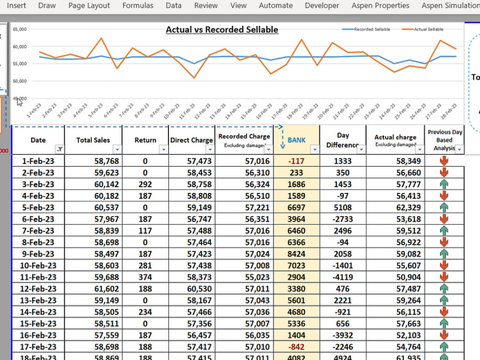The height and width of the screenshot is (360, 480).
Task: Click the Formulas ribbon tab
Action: [138, 6]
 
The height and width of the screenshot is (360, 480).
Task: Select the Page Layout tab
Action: [89, 6]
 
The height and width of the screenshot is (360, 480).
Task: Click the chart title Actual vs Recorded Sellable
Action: [222, 30]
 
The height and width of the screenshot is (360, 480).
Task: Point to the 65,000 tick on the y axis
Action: [20, 29]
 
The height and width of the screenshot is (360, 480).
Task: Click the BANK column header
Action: [296, 140]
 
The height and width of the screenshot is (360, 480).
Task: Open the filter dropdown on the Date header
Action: [60, 149]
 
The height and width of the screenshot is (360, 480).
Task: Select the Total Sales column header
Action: [93, 140]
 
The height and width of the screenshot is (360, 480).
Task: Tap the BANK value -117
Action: [296, 161]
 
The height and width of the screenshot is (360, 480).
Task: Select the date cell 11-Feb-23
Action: [38, 277]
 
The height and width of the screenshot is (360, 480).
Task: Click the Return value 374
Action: [145, 277]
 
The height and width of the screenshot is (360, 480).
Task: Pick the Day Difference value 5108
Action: [343, 208]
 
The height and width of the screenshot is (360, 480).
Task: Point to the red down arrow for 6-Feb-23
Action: [444, 219]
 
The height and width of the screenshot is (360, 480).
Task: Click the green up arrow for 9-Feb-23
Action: [444, 254]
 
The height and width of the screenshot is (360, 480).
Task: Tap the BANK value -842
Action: [296, 347]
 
